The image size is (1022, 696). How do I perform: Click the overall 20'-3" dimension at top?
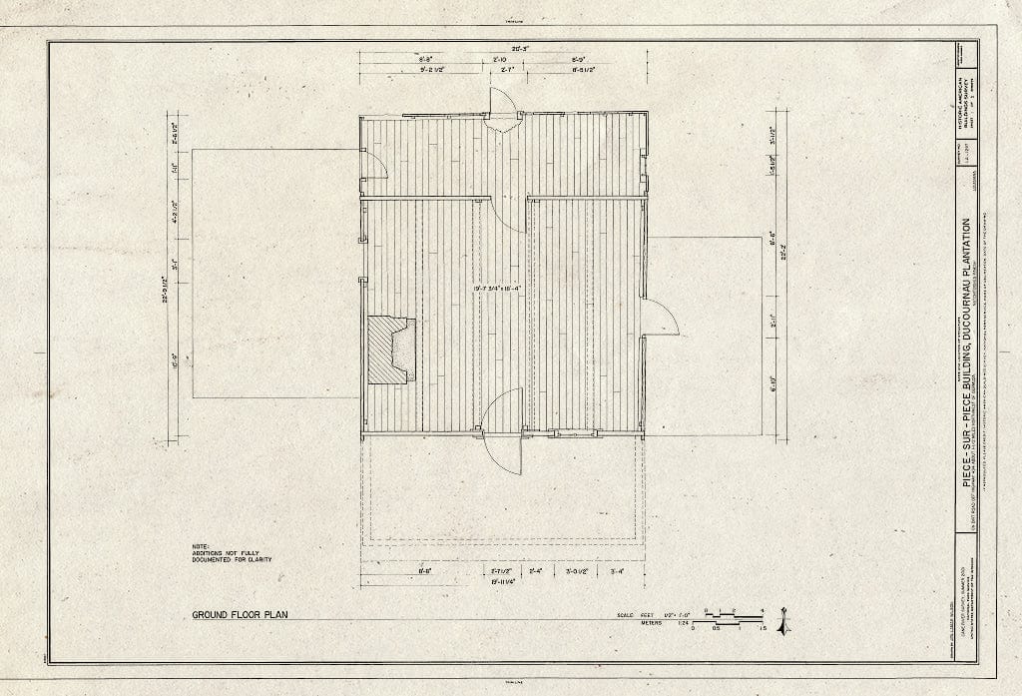(505, 47)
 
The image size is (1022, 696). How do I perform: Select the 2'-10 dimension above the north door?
(505, 60)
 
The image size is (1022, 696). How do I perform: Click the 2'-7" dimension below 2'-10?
(505, 71)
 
